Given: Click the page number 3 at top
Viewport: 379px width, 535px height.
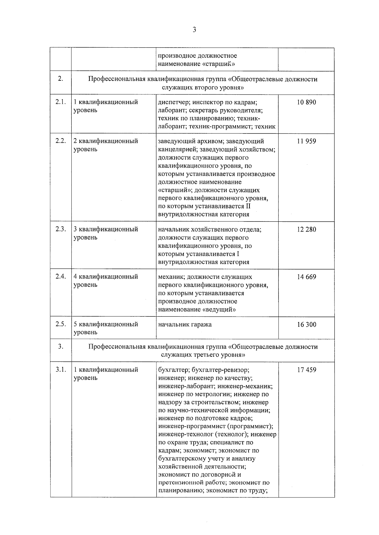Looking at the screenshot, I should (x=194, y=30).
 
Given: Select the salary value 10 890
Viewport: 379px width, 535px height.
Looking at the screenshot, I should (x=306, y=102).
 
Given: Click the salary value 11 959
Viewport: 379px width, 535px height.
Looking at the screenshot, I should (x=306, y=141).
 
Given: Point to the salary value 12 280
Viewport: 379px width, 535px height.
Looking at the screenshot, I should (x=306, y=229).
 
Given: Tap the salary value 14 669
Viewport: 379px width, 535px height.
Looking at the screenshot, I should (x=306, y=277).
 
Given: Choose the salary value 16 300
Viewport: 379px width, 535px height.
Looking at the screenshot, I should (x=306, y=325).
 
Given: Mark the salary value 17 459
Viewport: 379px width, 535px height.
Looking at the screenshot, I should (x=306, y=370).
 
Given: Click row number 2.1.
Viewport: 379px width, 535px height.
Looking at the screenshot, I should (x=61, y=102).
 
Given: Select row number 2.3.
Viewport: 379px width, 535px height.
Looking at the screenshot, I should (x=61, y=229).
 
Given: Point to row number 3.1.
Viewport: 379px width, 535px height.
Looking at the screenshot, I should (x=61, y=369).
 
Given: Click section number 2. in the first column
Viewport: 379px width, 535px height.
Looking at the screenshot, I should (x=61, y=79).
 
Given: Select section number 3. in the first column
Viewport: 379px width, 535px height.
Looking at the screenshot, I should (x=61, y=346).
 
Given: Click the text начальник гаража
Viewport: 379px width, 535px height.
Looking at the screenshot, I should (x=185, y=324).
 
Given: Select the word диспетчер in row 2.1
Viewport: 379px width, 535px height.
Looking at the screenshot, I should (x=172, y=102).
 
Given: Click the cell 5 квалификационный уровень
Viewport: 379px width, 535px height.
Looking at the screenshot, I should (x=105, y=328).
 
